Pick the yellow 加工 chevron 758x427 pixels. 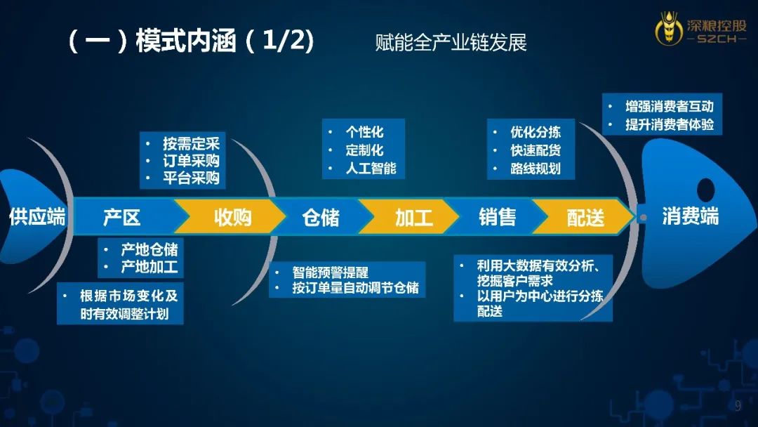pos(411,217)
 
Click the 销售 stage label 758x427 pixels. pos(498,217)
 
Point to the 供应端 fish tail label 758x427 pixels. pos(37,216)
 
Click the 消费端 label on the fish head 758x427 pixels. pos(691,216)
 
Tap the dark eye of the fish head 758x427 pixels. pos(706,190)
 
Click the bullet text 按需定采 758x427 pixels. pos(191,143)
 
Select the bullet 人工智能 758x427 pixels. pos(371,169)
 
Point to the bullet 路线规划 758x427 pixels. pos(535,169)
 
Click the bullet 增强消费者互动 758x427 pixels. pos(669,106)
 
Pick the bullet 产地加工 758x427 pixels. pos(149,267)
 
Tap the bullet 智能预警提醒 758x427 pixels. pos(330,272)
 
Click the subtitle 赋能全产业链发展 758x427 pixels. pos(451,43)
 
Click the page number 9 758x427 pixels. pos(738,406)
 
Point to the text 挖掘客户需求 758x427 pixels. pos(515,280)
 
